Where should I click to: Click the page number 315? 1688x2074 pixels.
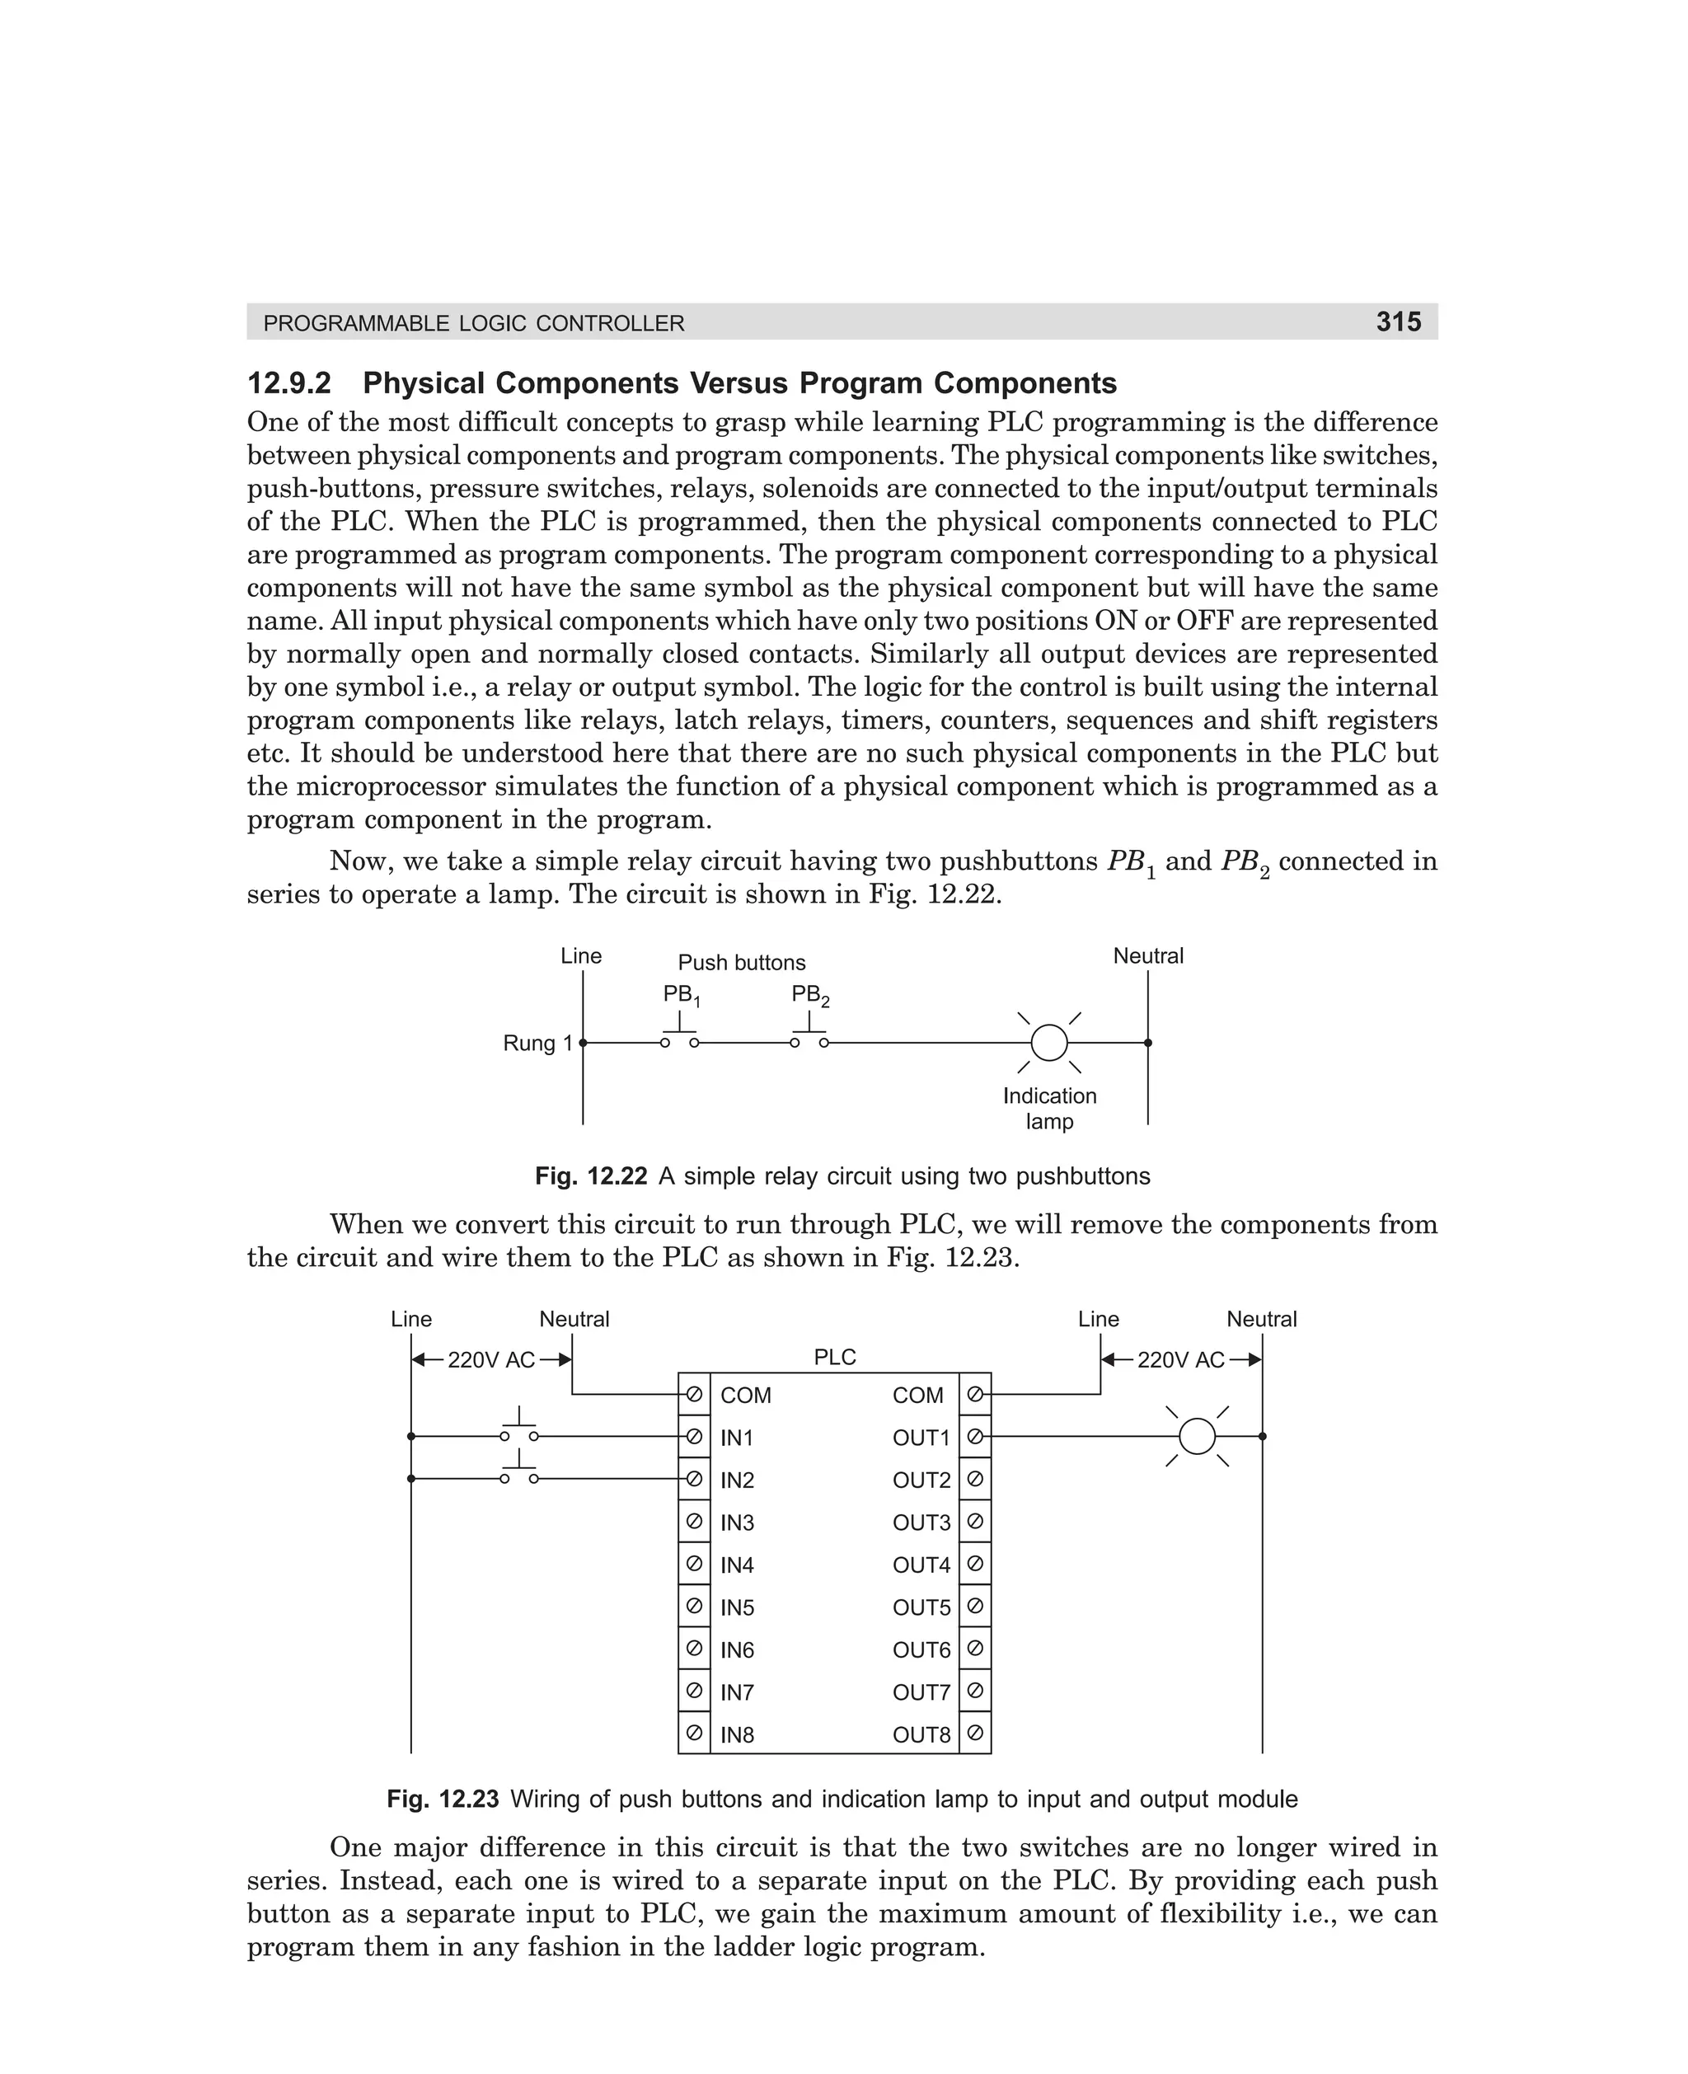[1398, 321]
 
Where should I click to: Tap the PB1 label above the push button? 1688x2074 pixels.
[681, 995]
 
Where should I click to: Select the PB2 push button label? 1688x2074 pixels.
[809, 995]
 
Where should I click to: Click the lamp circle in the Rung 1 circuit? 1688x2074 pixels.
[1049, 1042]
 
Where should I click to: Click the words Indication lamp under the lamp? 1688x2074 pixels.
[1049, 1109]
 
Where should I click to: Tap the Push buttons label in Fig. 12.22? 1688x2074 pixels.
[741, 963]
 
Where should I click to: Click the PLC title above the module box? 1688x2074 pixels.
[834, 1358]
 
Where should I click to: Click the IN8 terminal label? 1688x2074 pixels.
[737, 1734]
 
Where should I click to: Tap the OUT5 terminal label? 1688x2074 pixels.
[921, 1607]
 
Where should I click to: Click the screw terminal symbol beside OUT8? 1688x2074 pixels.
[975, 1733]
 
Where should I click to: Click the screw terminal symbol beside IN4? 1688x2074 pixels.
[694, 1564]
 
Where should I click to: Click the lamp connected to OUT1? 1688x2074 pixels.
[1197, 1436]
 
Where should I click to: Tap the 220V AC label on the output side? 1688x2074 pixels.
[1180, 1360]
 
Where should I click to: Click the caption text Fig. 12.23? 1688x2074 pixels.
[443, 1799]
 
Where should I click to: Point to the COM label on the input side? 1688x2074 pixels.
[745, 1396]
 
